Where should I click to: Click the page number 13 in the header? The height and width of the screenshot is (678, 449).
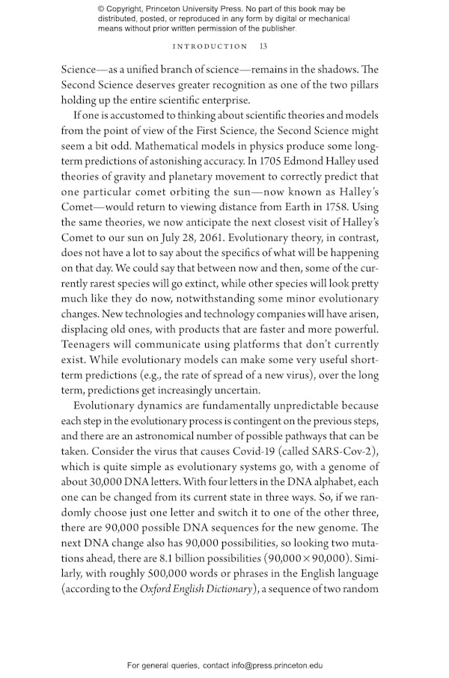pyautogui.click(x=263, y=46)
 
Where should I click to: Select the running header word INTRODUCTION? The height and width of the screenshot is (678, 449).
pyautogui.click(x=210, y=46)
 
